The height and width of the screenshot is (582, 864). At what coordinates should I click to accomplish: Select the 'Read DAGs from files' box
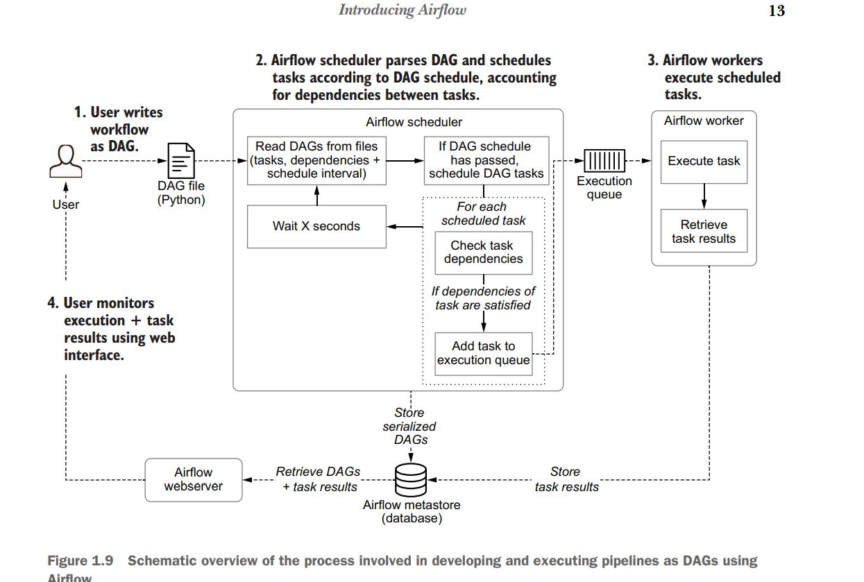[316, 160]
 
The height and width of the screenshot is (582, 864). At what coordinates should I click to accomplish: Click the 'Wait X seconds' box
[316, 226]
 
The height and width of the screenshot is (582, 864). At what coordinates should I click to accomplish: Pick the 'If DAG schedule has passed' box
[486, 160]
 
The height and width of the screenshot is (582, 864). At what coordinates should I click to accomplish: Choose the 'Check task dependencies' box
[483, 252]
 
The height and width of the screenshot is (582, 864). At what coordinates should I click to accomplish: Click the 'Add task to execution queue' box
[483, 353]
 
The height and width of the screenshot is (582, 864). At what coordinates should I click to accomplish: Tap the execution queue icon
[604, 161]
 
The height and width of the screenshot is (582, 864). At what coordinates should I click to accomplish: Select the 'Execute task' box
[704, 161]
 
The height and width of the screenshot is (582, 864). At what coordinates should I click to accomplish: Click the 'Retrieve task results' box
[704, 232]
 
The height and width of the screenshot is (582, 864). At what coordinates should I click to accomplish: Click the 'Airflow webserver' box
[194, 479]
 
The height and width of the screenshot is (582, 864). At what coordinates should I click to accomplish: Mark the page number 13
[777, 10]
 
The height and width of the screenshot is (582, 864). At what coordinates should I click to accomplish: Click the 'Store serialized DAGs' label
[409, 426]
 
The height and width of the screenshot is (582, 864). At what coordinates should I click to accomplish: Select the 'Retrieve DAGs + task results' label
[319, 479]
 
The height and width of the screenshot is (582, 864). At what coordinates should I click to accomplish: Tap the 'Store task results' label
[566, 479]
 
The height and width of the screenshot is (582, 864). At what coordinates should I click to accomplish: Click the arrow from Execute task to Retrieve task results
[704, 196]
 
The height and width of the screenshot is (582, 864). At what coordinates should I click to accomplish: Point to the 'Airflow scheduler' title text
[414, 122]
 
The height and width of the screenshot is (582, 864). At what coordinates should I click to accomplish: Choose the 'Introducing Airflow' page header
[403, 10]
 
